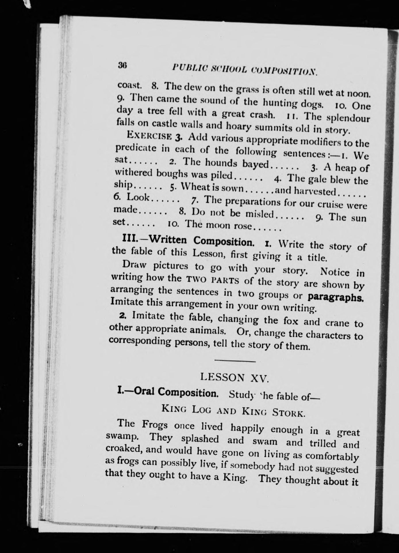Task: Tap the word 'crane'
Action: click(x=335, y=322)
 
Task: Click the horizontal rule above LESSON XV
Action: click(x=235, y=361)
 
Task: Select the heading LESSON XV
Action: click(x=235, y=378)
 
